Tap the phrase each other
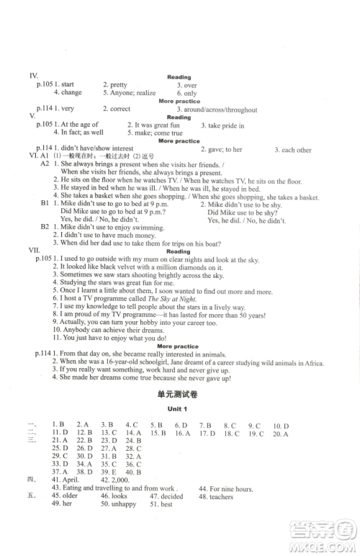[297, 150]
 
